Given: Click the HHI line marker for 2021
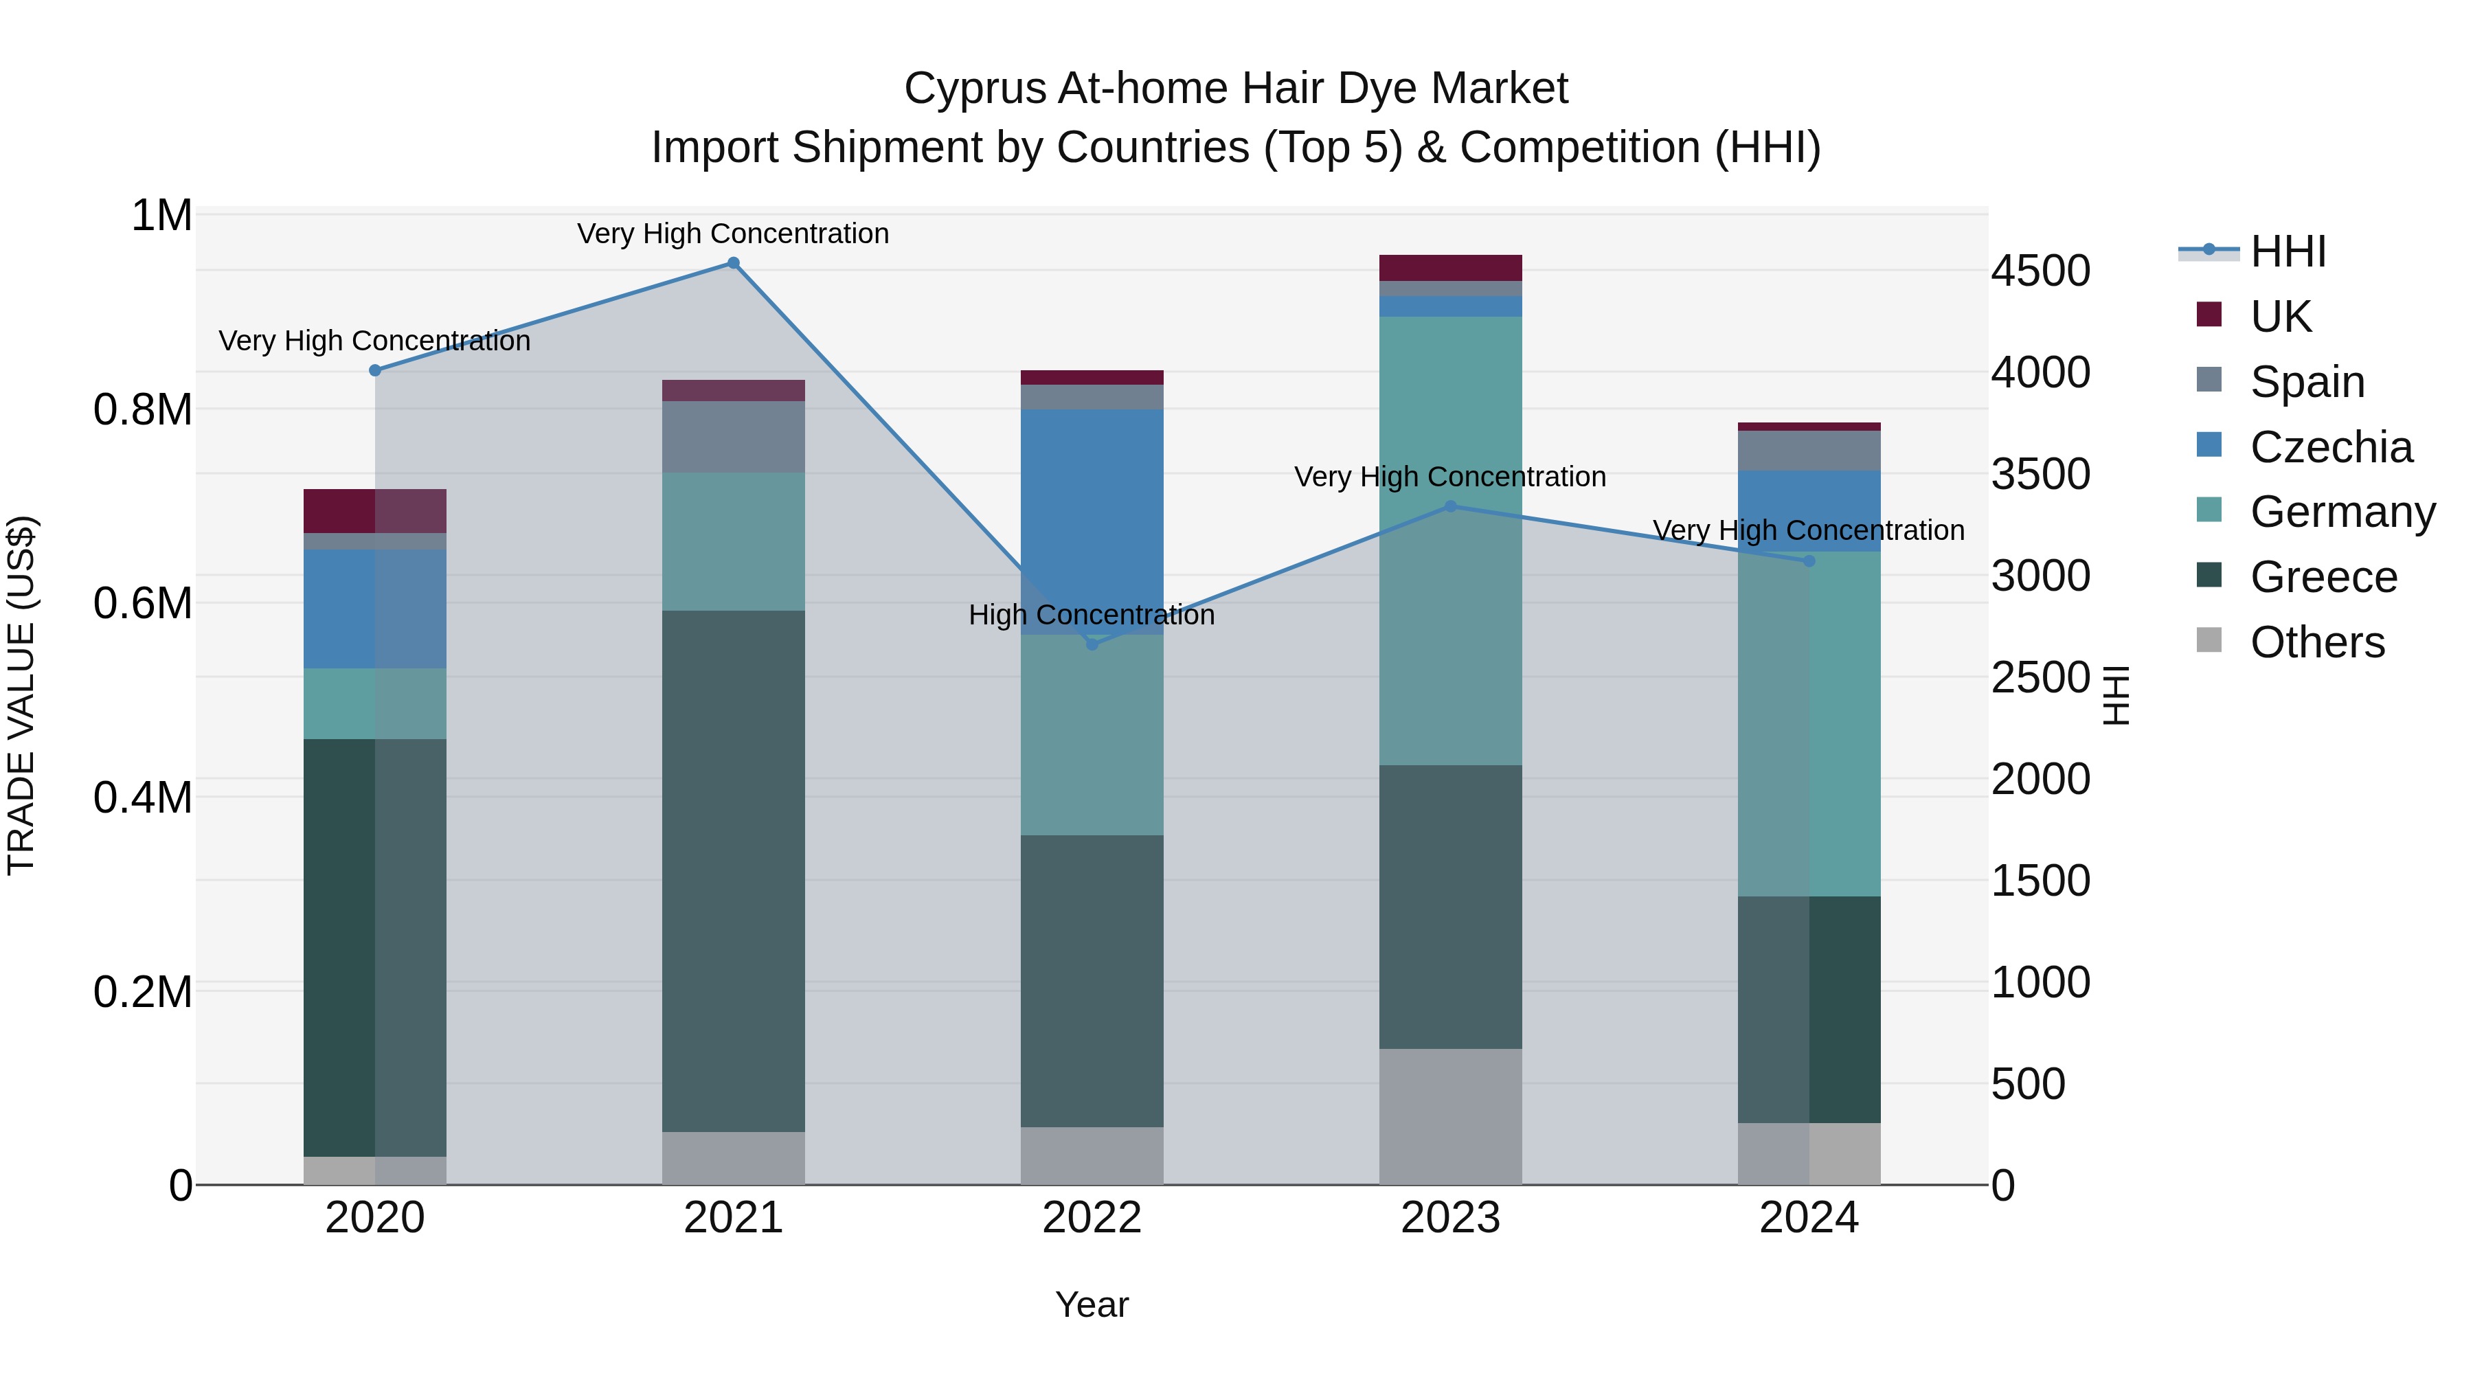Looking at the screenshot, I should [x=734, y=263].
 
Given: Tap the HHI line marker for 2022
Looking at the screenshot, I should [x=1092, y=644].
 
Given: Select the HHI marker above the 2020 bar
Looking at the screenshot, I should [x=375, y=370].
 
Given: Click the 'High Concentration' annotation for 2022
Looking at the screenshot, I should [x=1092, y=614].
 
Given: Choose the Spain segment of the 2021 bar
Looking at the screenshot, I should [x=734, y=437].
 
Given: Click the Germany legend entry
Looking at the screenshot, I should [x=2342, y=512].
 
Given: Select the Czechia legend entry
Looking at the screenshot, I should [x=2331, y=447].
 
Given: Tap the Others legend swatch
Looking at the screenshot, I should [x=2209, y=640].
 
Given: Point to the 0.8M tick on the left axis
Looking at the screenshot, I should [x=143, y=410].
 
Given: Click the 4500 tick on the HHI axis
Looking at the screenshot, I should [x=2040, y=271].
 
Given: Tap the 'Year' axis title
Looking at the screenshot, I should [x=1092, y=1304].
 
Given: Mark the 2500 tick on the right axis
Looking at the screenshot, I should [x=2040, y=678].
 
